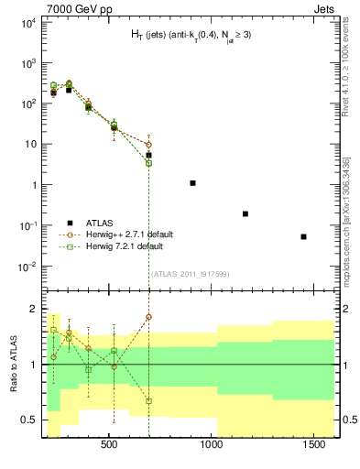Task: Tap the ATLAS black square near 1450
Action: tap(303, 236)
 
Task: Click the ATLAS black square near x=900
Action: tap(192, 183)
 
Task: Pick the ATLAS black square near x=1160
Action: tap(245, 213)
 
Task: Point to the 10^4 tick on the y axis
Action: tap(27, 23)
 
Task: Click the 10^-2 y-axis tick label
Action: tap(27, 267)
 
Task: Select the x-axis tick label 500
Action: tap(109, 444)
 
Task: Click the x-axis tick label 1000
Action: tap(213, 444)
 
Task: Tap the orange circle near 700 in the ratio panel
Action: tap(148, 316)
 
